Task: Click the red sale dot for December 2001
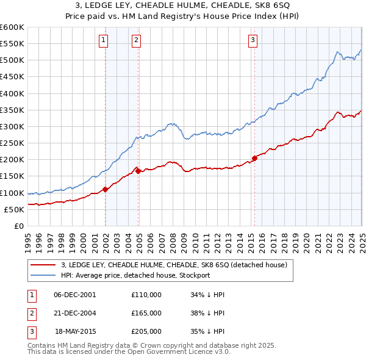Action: (x=106, y=189)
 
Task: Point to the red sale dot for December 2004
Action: (x=139, y=171)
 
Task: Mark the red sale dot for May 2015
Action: (x=254, y=158)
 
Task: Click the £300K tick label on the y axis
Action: (x=12, y=126)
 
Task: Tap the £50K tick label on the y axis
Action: (x=14, y=209)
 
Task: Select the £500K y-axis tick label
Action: (x=12, y=60)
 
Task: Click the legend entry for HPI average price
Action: (x=135, y=275)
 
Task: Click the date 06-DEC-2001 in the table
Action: (x=75, y=295)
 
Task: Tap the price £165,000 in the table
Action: (x=146, y=313)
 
